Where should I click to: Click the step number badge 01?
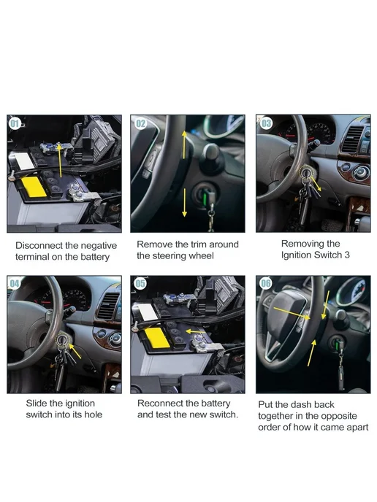coord(15,123)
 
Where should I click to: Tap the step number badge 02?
coord(141,123)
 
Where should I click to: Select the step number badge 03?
coord(266,123)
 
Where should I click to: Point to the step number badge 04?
coord(15,283)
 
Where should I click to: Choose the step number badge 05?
coord(140,283)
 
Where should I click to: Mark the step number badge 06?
coord(266,283)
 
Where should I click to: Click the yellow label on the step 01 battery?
coord(34,187)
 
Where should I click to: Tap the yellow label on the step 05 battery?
coord(157,338)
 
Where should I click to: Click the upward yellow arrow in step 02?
coord(184,144)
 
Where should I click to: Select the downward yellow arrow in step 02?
coord(184,203)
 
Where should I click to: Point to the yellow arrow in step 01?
coord(60,160)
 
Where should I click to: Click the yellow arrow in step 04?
coord(75,351)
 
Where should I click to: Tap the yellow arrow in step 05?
coord(196,331)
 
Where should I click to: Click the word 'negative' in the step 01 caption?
coord(99,246)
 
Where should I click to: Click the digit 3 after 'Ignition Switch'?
coord(347,255)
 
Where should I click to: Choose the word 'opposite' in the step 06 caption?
coord(338,417)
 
